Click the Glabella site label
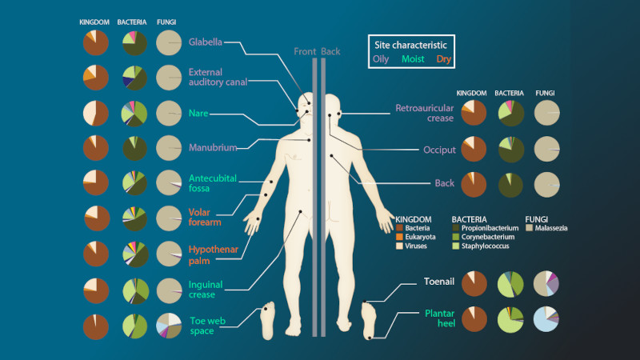(x=206, y=42)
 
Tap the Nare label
(x=198, y=114)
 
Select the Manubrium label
(x=213, y=147)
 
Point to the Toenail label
(x=438, y=282)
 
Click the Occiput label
(x=439, y=150)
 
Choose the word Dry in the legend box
(x=444, y=59)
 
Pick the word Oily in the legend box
(x=381, y=59)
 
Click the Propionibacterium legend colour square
(x=456, y=228)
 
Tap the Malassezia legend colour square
(x=530, y=228)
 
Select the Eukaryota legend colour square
(x=399, y=237)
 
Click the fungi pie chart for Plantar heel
(x=546, y=319)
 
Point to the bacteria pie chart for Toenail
(x=510, y=284)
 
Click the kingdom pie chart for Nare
(x=96, y=113)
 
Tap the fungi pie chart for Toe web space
(x=169, y=326)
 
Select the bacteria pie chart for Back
(x=510, y=185)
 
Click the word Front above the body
(x=305, y=51)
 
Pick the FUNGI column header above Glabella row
(x=166, y=22)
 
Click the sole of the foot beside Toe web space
(x=267, y=321)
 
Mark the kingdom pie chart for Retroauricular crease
(x=474, y=113)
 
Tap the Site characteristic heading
(x=410, y=45)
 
